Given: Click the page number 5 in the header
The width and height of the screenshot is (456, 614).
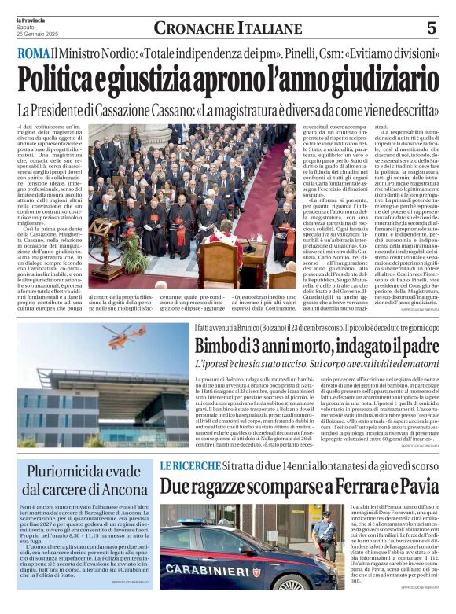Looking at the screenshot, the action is pyautogui.click(x=431, y=28).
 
